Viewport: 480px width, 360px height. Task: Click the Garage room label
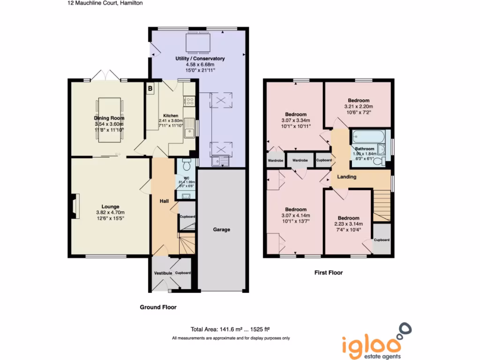coord(222,230)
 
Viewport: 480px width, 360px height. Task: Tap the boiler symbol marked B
coord(150,88)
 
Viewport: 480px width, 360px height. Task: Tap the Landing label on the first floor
coord(346,177)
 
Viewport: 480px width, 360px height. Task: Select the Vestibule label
coord(163,273)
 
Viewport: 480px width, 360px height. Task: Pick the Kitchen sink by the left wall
coord(190,128)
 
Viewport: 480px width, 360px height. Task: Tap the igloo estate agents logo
coord(372,341)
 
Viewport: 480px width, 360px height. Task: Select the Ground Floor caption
coord(158,307)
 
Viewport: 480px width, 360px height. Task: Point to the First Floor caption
coord(328,272)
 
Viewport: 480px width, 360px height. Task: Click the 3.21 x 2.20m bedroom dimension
coord(359,107)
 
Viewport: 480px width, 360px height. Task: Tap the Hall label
coord(164,201)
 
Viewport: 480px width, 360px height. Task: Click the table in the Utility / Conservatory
coord(197,43)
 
